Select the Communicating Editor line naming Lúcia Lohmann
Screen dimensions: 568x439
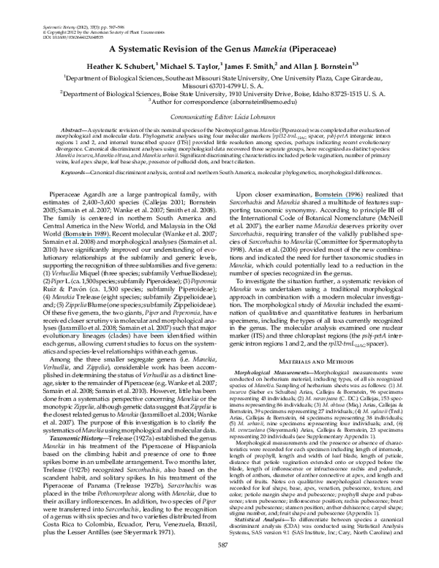point(219,117)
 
